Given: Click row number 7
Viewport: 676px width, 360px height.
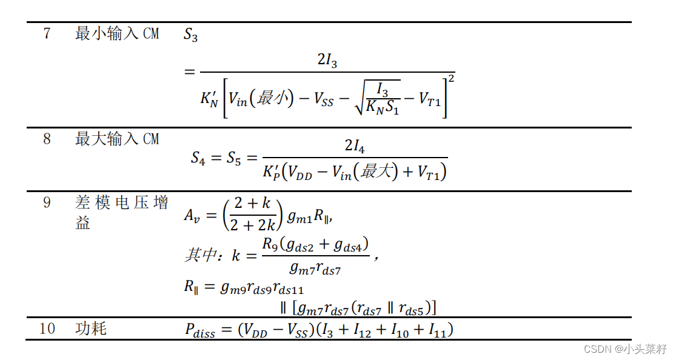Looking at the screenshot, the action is pos(47,33).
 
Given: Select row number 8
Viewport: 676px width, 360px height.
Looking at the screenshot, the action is pos(47,139).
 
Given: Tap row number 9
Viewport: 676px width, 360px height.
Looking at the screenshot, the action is pos(47,202).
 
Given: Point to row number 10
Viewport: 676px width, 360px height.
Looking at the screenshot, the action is pos(47,328).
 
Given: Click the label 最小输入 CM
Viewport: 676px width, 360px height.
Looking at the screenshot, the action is pos(117,33).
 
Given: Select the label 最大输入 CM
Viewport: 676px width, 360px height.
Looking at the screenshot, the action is pos(117,139).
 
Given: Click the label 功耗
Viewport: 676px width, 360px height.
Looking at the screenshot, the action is pos(91,328).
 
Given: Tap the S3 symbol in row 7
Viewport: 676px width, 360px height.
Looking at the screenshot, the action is pos(190,35).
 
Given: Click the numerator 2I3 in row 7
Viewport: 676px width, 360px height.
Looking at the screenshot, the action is pos(327,60).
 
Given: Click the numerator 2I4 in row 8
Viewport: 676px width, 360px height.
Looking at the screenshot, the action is pos(355,145).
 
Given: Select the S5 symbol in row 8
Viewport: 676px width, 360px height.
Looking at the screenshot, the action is pos(233,158).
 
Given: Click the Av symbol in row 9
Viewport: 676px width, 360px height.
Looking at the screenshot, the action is pos(192,215).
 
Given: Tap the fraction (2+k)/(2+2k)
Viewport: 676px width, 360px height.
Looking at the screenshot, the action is pos(253,215).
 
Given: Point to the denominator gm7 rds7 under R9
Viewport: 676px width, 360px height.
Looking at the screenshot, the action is pos(315,268).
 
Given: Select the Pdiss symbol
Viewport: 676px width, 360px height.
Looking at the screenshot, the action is pos(200,330).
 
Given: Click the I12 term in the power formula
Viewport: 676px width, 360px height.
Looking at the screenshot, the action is pos(362,330).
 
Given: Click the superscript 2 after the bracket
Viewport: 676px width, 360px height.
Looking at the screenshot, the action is pos(451,78).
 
